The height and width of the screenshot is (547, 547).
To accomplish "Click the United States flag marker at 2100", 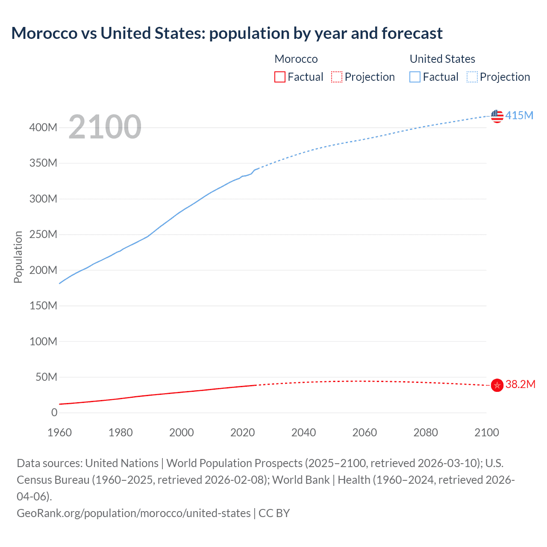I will click(497, 116).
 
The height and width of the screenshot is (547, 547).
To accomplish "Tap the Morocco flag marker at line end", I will click(497, 385).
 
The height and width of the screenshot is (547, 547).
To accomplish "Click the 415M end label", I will click(519, 115).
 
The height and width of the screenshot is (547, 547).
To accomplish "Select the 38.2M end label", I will click(520, 384).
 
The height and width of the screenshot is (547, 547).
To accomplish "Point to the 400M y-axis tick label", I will click(43, 127).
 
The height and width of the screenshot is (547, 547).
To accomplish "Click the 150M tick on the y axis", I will click(43, 306).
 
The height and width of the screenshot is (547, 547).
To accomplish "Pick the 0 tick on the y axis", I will click(54, 412).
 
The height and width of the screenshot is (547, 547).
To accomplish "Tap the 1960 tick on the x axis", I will click(59, 432).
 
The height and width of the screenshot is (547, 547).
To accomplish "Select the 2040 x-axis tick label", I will click(303, 432).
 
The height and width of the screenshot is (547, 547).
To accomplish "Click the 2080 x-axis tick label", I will click(426, 432).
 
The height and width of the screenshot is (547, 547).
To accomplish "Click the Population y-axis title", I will click(18, 257).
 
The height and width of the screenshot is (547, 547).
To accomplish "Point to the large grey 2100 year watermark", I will click(105, 127).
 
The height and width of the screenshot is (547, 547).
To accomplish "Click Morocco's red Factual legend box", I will click(279, 77).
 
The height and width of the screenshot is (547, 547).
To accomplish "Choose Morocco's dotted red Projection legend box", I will click(337, 77).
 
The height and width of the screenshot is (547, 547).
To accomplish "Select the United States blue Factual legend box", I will click(415, 77).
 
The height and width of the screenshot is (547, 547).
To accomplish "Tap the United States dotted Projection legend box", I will click(472, 77).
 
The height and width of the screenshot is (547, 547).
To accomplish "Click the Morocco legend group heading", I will click(296, 59).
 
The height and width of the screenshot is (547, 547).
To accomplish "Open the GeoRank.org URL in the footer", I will click(133, 513).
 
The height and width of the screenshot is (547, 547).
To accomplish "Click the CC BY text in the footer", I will click(274, 513).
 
